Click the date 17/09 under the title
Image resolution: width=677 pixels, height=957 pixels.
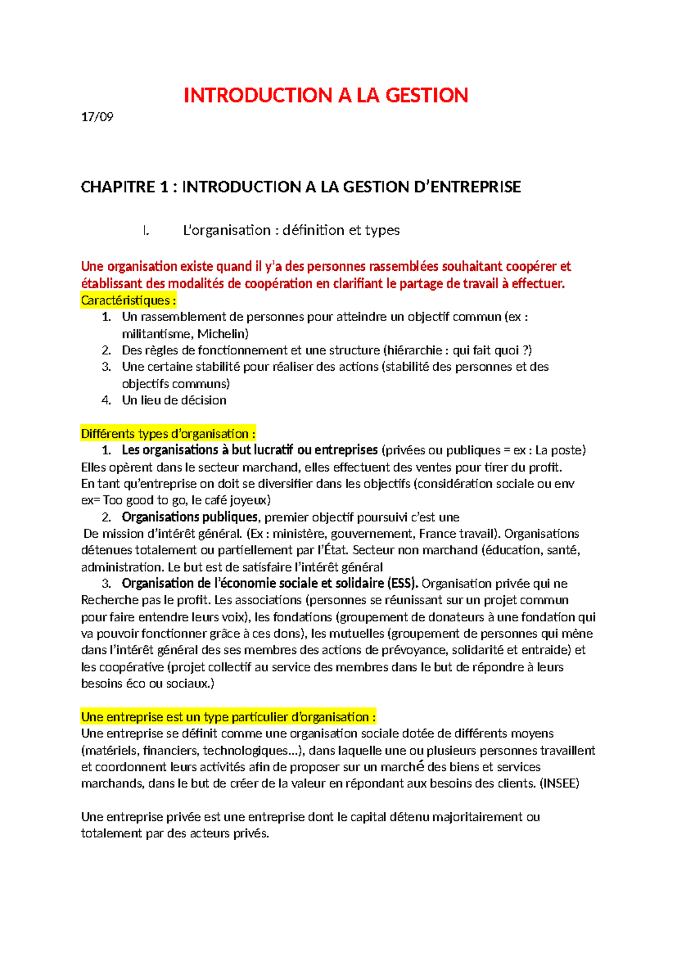[x=97, y=117]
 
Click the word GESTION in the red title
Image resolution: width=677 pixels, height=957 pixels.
[x=427, y=95]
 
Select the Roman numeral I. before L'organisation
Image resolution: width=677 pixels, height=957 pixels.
[x=146, y=230]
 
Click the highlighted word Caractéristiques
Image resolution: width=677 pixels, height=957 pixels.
[x=129, y=300]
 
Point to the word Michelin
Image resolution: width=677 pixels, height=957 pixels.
[x=223, y=333]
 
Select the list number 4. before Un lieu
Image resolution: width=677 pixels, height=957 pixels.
[x=107, y=400]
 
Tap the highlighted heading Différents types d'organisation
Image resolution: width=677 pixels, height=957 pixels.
[x=168, y=434]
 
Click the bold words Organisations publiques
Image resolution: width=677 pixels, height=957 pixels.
[x=190, y=517]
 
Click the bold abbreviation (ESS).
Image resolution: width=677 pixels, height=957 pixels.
[x=402, y=583]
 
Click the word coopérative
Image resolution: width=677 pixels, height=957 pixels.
[x=131, y=667]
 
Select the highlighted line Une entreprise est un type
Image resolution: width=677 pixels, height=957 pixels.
[x=228, y=717]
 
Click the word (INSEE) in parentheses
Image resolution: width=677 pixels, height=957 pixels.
[x=559, y=783]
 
